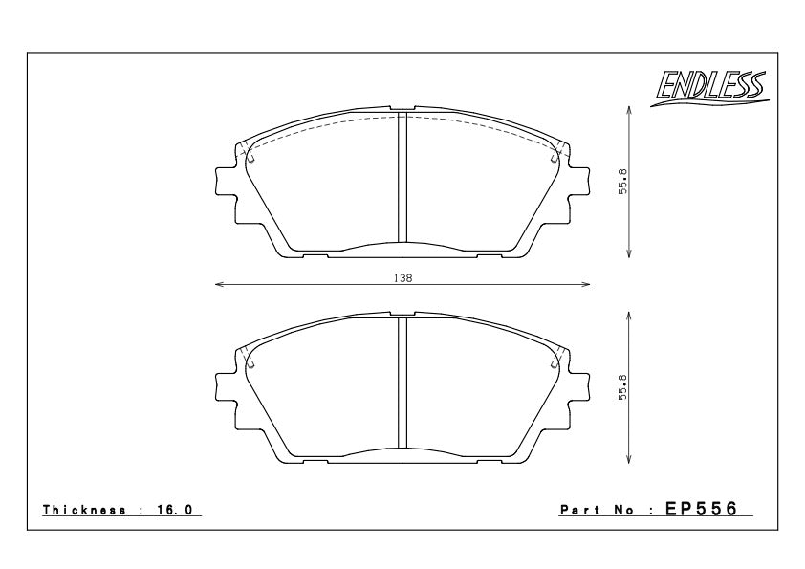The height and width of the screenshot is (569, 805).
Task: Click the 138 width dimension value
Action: click(x=403, y=278)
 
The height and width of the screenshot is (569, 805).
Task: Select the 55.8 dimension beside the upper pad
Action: click(x=622, y=182)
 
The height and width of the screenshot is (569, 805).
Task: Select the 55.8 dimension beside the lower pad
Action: click(x=622, y=386)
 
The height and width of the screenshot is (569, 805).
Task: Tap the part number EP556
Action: click(x=702, y=509)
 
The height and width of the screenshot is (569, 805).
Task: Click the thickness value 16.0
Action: click(x=174, y=510)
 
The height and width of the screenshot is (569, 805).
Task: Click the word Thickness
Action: click(x=84, y=510)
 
